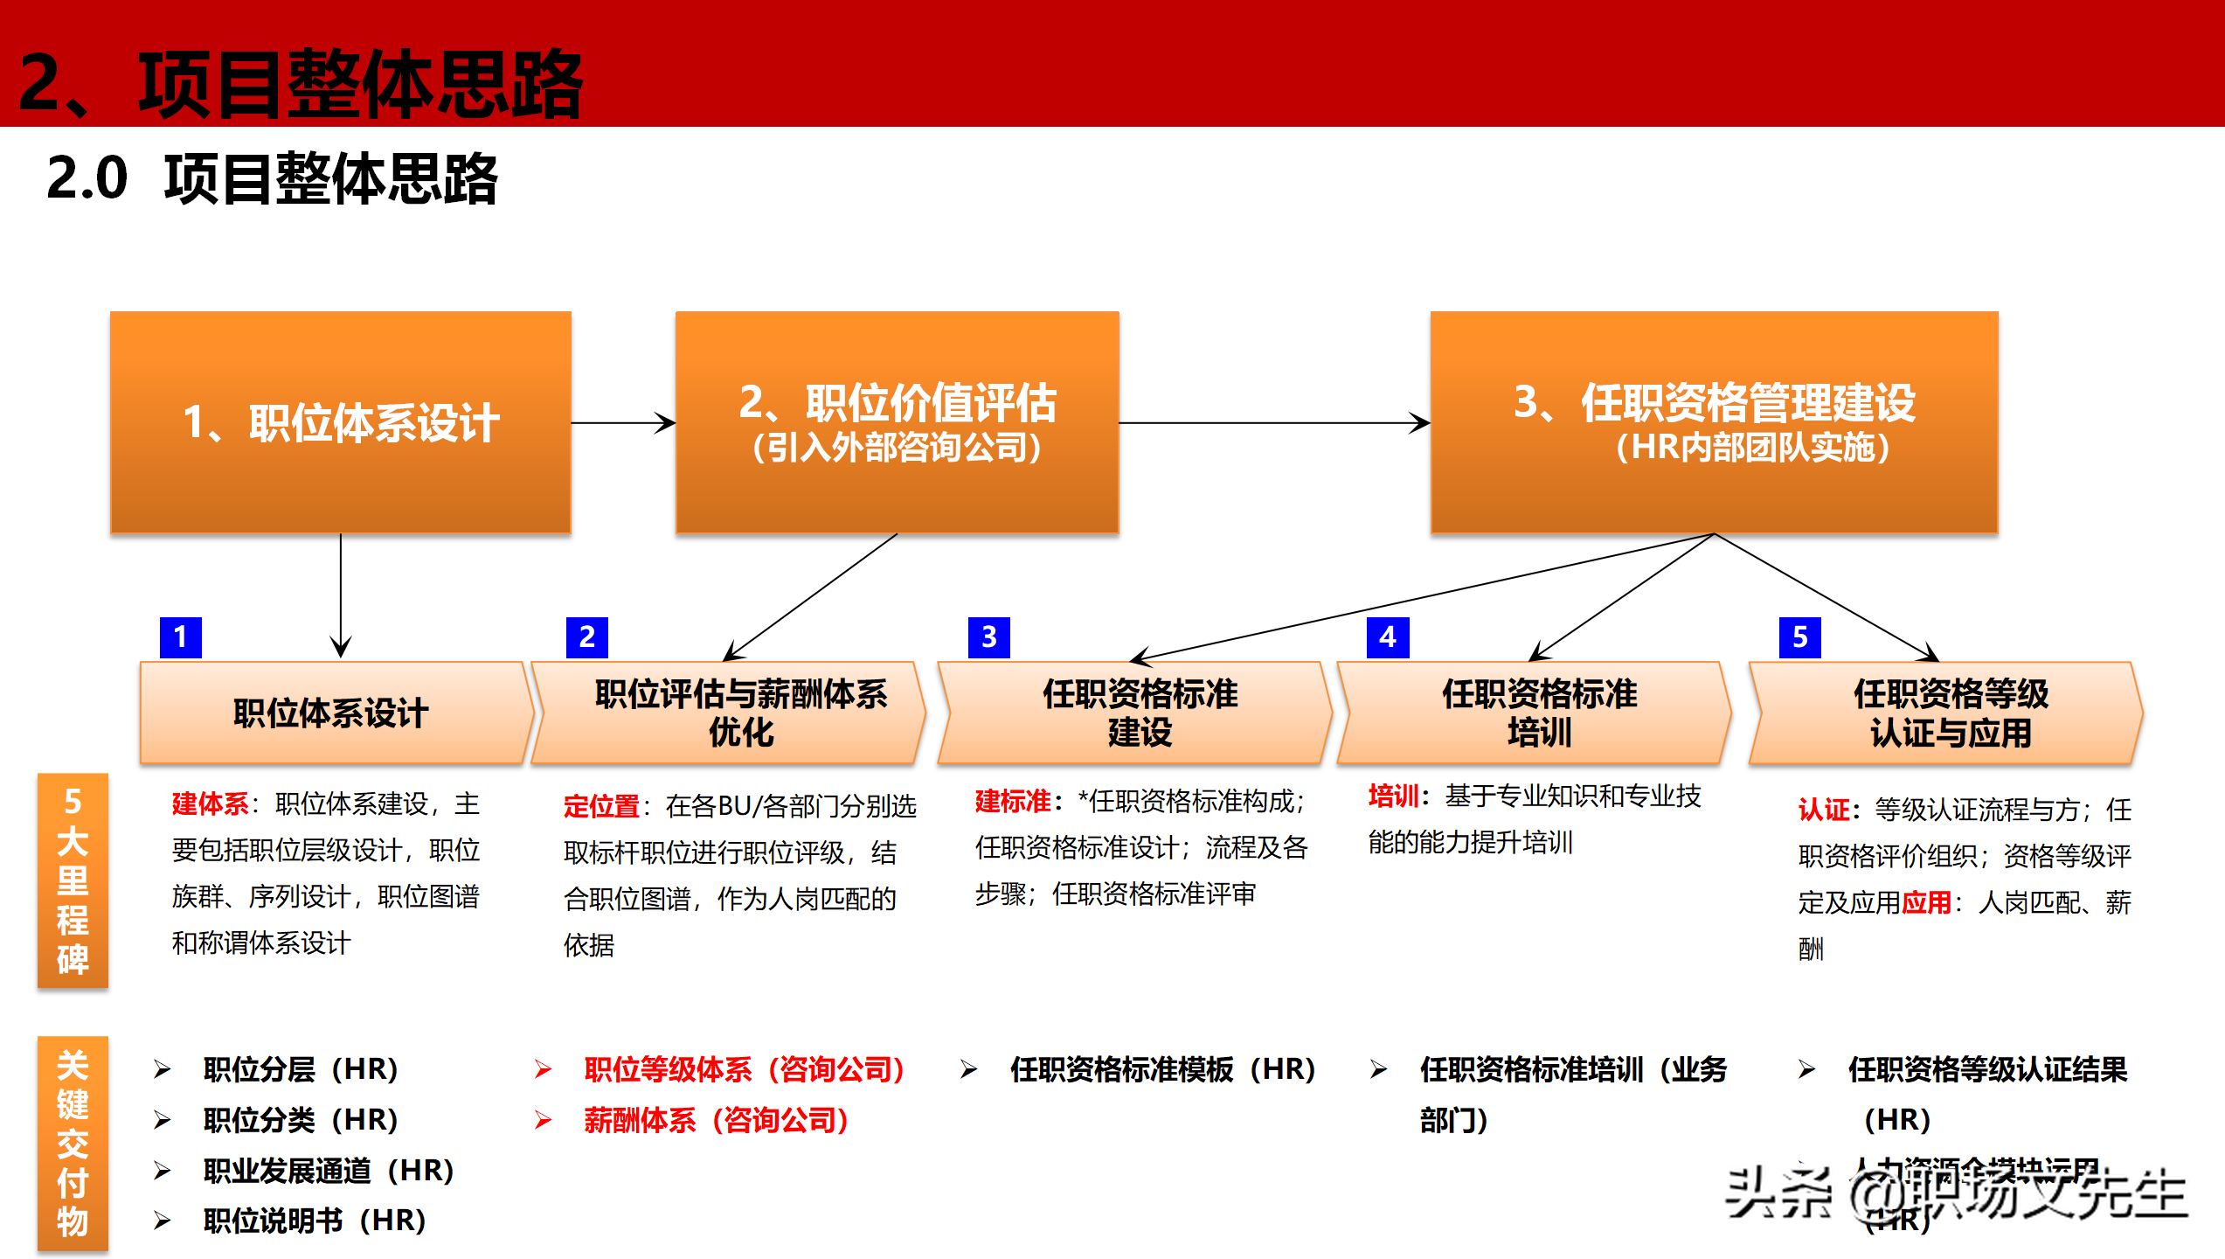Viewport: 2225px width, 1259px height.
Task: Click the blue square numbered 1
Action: [x=181, y=637]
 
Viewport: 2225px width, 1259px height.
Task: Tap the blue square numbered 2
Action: [x=586, y=637]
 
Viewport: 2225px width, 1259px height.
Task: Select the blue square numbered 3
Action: [x=988, y=637]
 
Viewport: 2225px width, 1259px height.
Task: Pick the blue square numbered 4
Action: [x=1388, y=637]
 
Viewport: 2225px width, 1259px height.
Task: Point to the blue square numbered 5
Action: [x=1800, y=637]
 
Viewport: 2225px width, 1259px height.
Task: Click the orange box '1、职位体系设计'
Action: [x=341, y=422]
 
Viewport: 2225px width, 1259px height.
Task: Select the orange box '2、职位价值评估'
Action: [x=897, y=422]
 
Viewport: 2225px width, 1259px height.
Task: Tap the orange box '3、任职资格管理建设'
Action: [x=1714, y=422]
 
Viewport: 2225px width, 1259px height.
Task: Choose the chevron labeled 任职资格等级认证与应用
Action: [x=1949, y=713]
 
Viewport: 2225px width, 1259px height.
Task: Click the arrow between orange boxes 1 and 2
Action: [x=623, y=423]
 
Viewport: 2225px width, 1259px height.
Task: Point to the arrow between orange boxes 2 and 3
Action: [x=1274, y=423]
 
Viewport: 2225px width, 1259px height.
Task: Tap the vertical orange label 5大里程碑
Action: [x=73, y=880]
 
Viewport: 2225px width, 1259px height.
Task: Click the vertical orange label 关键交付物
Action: [x=73, y=1144]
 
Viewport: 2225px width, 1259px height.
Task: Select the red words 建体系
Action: [x=210, y=803]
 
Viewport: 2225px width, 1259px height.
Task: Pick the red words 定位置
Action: [x=601, y=806]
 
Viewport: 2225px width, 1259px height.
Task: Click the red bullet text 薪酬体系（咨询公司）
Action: [x=716, y=1120]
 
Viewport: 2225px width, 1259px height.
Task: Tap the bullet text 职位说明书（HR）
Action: [x=314, y=1221]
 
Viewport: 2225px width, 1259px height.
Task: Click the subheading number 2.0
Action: [x=87, y=178]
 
